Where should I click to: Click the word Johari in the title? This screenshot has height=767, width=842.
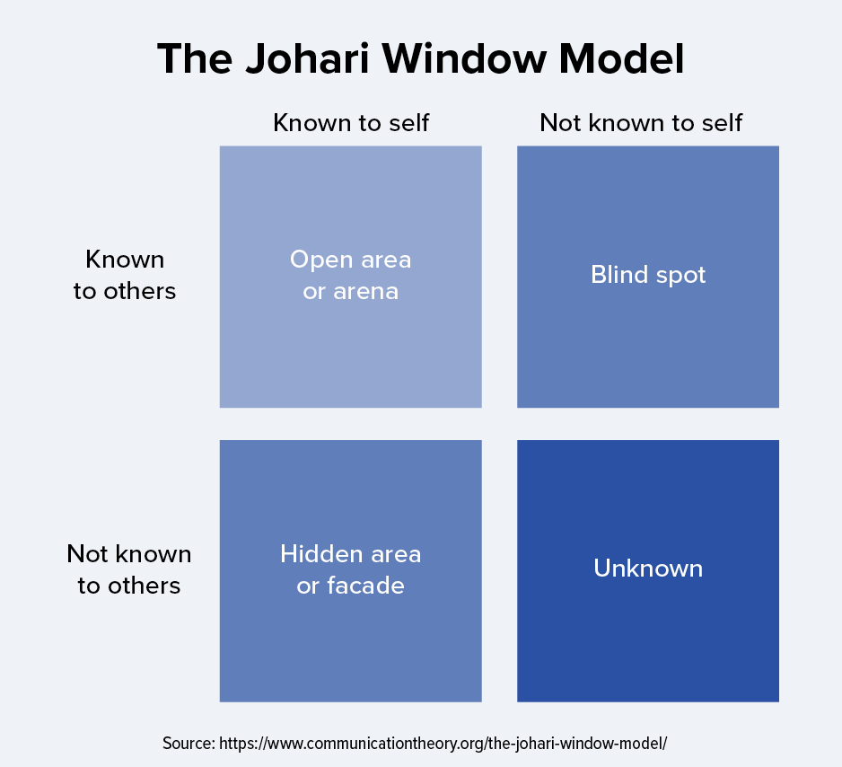coord(308,58)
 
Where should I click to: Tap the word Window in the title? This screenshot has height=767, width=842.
coord(464,58)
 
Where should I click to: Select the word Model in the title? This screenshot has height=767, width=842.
coord(622,58)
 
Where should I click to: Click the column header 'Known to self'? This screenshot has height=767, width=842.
coord(351,123)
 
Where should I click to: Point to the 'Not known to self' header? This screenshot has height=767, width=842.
coord(641,123)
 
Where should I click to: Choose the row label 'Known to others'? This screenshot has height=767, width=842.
coord(125,275)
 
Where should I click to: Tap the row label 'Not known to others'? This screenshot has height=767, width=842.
coord(129,569)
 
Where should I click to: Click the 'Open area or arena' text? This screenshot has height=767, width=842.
coord(351,275)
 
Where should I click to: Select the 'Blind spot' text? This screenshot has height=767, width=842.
coord(648,275)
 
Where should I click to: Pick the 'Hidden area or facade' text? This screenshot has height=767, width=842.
coord(351,569)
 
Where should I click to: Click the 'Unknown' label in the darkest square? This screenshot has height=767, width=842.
coord(648,569)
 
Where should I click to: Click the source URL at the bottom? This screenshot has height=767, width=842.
coord(443,744)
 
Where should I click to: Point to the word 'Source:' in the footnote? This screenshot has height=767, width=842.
coord(189,744)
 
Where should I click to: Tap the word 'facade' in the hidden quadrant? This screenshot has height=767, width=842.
coord(365,586)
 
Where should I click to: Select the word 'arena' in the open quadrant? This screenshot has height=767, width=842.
coord(365,292)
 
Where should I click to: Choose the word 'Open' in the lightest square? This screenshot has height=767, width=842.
coord(321,260)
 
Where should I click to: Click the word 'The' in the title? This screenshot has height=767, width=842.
coord(196,58)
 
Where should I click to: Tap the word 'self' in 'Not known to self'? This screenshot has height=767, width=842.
coord(723,123)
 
